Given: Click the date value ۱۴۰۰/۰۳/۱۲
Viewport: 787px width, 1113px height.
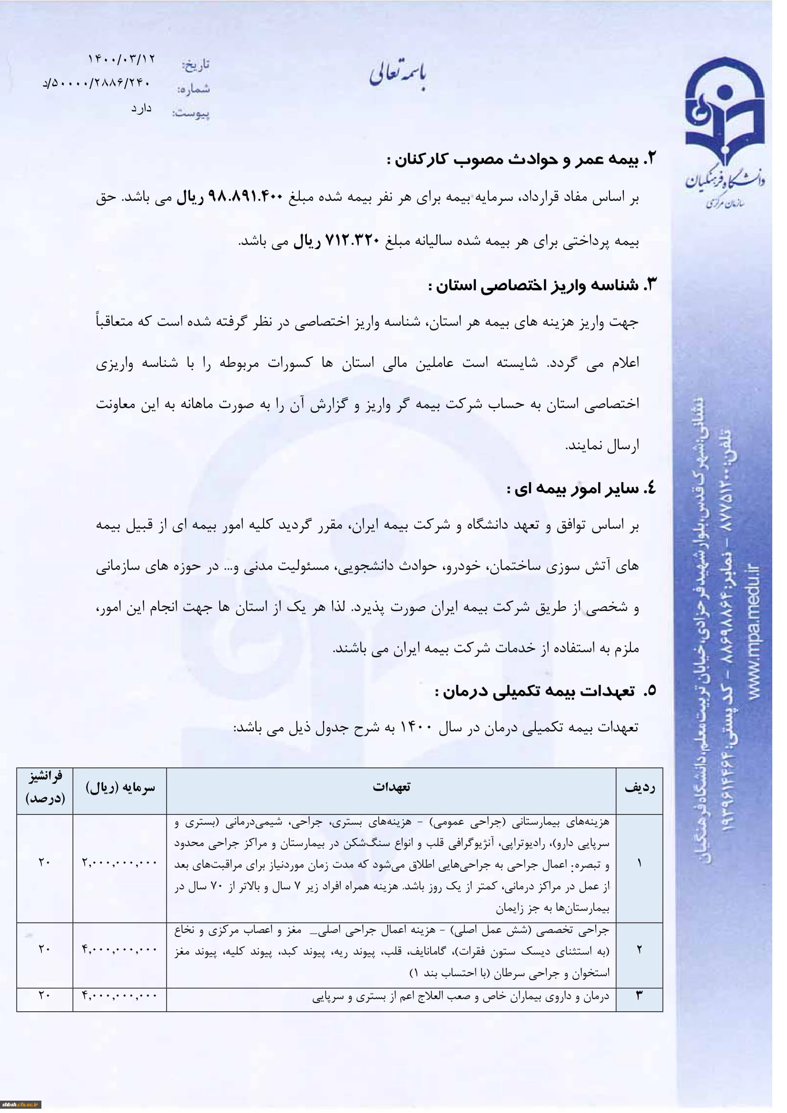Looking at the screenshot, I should (121, 59).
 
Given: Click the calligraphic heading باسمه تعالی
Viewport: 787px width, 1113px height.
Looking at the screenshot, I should (399, 75).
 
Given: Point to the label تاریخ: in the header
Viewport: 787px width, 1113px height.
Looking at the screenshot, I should (196, 64).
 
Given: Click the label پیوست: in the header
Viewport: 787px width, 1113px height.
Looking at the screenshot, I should (191, 114).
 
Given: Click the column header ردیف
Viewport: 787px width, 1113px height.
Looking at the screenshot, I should (639, 787).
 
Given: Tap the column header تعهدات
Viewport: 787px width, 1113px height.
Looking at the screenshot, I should (391, 786).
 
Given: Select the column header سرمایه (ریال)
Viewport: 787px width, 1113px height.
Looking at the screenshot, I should (120, 787).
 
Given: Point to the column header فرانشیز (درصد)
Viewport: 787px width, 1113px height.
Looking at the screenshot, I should (45, 787).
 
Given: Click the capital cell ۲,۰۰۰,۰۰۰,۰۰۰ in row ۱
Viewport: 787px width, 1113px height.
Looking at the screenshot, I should (120, 862).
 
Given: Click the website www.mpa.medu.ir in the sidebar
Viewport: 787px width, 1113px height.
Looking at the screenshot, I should (754, 630).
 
